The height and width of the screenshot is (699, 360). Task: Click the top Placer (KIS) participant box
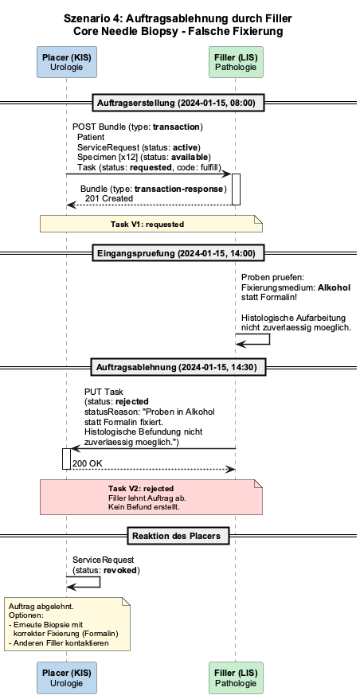[x=66, y=62]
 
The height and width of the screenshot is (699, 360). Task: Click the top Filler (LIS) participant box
[x=236, y=62]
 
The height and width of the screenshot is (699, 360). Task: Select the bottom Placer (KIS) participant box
[x=66, y=678]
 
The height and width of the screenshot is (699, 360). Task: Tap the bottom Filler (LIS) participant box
[x=236, y=678]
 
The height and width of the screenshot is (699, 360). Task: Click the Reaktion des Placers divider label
[x=178, y=535]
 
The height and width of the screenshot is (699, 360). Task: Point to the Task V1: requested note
[x=151, y=224]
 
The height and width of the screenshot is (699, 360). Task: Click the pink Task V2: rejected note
[x=151, y=497]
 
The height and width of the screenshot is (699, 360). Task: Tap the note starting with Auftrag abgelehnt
[x=68, y=624]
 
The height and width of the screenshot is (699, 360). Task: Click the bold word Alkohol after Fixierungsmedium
[x=335, y=287]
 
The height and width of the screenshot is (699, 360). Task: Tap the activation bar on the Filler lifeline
[x=236, y=189]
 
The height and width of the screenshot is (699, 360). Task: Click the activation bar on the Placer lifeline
[x=66, y=459]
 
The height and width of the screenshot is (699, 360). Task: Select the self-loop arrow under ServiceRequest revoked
[x=100, y=582]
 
